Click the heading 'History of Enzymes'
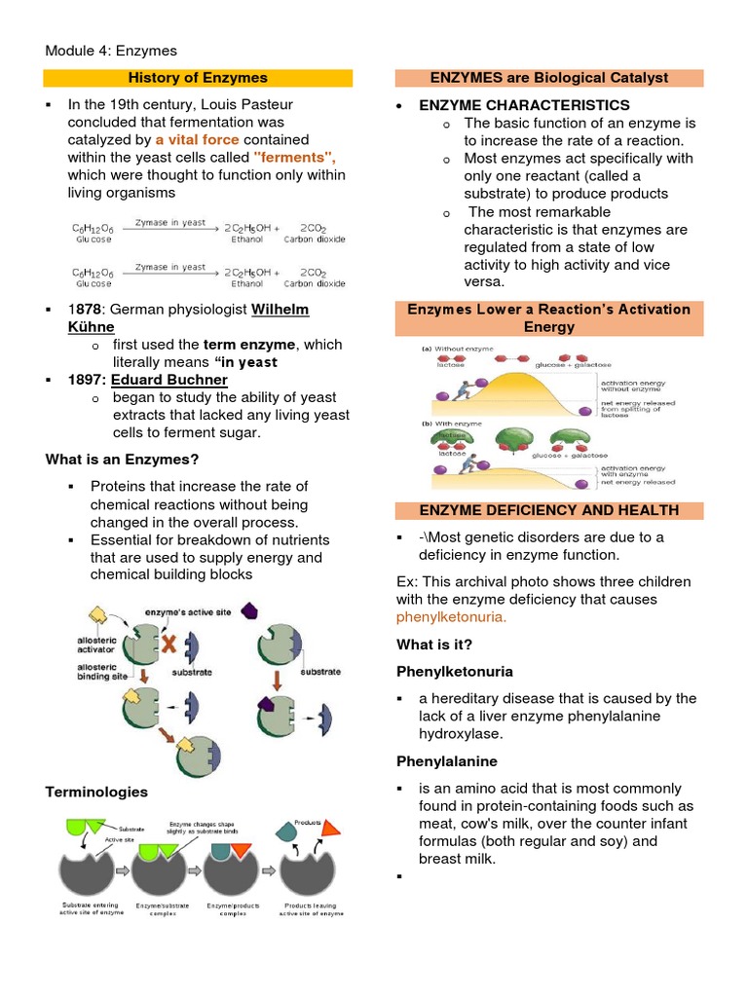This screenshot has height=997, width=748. pos(199,78)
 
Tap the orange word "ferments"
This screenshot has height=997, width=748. pos(294,158)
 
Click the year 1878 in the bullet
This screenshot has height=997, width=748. pos(84,310)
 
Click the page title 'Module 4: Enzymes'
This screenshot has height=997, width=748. pos(111,51)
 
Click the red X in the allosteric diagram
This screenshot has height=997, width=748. pos(169,644)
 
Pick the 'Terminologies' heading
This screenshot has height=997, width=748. pos(96,792)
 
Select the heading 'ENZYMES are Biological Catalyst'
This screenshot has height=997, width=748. pos(549,78)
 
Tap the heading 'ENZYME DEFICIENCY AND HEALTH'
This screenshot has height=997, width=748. pos(549,510)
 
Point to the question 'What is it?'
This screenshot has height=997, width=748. pos(435,645)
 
